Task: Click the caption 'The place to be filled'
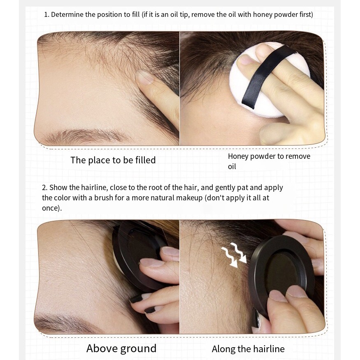[113, 160]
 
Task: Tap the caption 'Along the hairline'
[248, 349]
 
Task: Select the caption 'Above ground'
[121, 348]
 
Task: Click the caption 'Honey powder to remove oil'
[269, 161]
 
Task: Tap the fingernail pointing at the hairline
[145, 77]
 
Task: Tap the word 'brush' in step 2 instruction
[104, 197]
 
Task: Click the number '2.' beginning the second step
[45, 188]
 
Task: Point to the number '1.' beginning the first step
[46, 15]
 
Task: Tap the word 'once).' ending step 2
[52, 208]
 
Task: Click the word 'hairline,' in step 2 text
[94, 188]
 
